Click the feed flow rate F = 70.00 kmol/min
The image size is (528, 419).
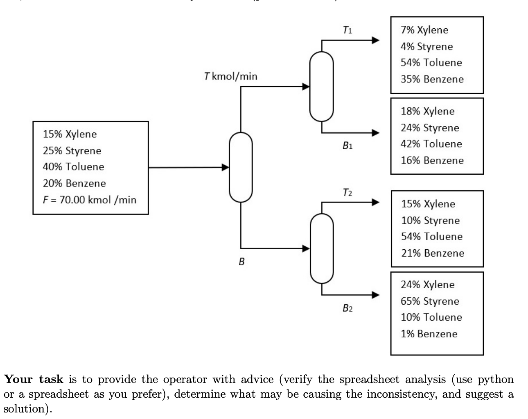90,200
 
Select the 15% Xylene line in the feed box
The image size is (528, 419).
70,134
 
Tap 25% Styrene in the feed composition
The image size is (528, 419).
72,150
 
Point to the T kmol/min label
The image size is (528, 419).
230,76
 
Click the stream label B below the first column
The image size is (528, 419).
241,261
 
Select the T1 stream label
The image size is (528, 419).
347,30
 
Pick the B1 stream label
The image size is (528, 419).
347,145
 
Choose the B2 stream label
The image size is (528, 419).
347,308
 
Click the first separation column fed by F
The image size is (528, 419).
241,167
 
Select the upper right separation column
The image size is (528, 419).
322,86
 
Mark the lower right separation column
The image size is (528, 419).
322,248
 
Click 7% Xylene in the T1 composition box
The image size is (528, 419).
424,30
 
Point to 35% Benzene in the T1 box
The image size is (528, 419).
432,79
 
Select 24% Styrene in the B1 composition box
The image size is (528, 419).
429,128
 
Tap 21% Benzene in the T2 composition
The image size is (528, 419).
432,253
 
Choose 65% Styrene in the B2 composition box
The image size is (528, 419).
429,301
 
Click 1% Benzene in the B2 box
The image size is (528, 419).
429,334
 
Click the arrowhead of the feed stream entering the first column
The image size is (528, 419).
225,167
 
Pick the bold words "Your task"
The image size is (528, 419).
34,379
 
